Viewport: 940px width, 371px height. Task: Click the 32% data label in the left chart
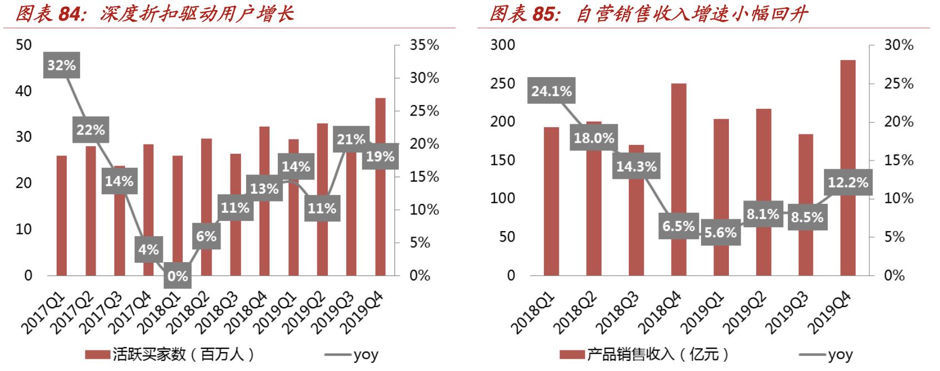(61, 66)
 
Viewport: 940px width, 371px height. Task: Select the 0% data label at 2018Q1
(177, 276)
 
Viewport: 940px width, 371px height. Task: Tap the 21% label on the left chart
(351, 139)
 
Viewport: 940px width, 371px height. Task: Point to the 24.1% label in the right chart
(551, 91)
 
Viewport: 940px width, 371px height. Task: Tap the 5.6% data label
(721, 232)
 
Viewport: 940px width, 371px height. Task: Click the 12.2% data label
(848, 183)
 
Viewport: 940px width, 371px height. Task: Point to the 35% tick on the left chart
(424, 46)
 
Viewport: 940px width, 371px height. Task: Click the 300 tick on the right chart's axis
(502, 46)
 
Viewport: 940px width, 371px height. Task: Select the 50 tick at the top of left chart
(24, 46)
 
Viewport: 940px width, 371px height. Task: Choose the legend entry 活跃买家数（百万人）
(170, 354)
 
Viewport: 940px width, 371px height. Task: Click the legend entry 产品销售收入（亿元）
(644, 354)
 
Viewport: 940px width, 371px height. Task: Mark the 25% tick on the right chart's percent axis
(899, 84)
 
